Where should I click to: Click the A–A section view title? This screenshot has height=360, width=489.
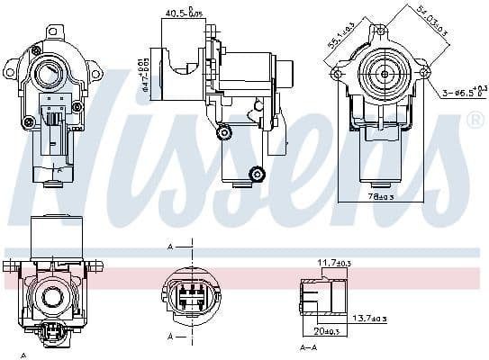point(307,348)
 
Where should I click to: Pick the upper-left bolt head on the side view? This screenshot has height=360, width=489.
point(223,132)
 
